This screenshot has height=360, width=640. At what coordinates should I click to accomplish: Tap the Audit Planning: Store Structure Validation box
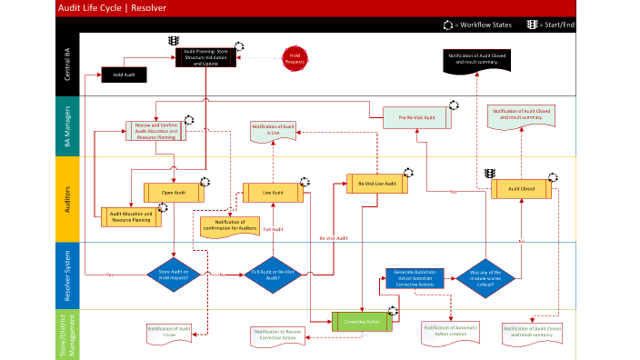coord(206,57)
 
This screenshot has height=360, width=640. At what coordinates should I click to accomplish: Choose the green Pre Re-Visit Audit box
coord(423,117)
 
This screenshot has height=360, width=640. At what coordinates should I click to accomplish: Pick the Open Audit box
coord(174,193)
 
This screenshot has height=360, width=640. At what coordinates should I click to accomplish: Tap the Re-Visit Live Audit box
coord(376,184)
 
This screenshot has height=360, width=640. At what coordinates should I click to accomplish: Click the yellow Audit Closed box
coord(521,188)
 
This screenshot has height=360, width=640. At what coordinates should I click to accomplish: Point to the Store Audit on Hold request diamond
coord(174,274)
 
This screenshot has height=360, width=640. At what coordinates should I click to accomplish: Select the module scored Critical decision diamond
coord(485,274)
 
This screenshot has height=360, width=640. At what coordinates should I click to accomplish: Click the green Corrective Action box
coord(361,321)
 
